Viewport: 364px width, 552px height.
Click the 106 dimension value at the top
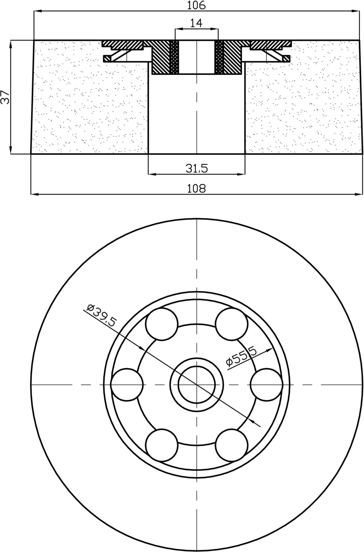[x=197, y=5]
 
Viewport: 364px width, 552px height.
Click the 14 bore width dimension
[x=196, y=23]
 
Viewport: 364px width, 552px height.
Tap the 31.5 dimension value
[x=196, y=169]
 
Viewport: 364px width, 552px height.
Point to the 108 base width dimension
[x=196, y=188]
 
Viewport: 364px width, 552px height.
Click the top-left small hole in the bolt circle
[x=162, y=324]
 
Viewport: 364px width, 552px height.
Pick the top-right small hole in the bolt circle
[x=231, y=324]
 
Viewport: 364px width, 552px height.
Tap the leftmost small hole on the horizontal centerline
[x=127, y=385]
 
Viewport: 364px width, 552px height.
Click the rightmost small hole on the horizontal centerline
[x=266, y=385]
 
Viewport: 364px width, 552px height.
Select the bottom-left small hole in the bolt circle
[x=162, y=445]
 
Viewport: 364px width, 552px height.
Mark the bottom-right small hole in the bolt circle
[x=231, y=445]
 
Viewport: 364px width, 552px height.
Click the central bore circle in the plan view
[x=197, y=385]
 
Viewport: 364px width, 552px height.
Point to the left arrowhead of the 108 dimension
[x=34, y=194]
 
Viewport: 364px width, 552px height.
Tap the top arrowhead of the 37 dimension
[x=11, y=44]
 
